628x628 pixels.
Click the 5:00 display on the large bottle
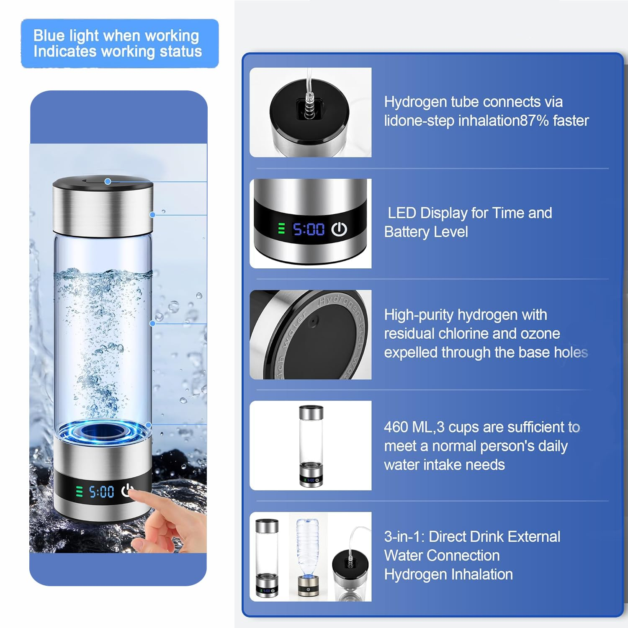[101, 492]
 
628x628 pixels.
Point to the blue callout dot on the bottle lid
[108, 181]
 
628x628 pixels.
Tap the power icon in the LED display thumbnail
[339, 229]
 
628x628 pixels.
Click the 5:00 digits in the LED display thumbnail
[309, 229]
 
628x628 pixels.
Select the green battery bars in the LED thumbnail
[281, 229]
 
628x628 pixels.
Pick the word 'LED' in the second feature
[402, 213]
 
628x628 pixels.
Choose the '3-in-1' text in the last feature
[404, 537]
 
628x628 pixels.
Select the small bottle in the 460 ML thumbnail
[311, 445]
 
